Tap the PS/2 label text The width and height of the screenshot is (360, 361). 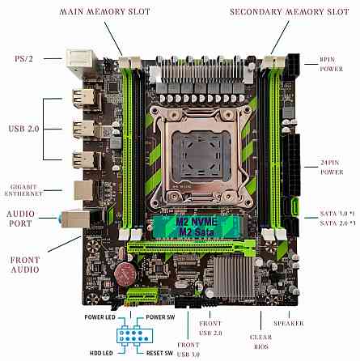[x=24, y=58]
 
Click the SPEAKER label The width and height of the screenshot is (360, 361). [x=289, y=323]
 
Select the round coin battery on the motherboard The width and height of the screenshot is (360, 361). [x=125, y=270]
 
